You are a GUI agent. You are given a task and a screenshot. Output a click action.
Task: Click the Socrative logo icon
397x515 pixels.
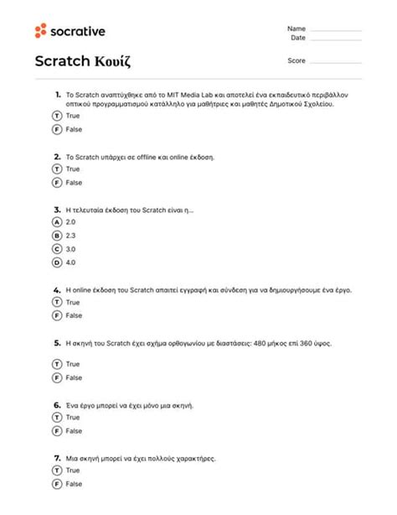40,32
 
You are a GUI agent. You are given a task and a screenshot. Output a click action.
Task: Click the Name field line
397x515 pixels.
337,31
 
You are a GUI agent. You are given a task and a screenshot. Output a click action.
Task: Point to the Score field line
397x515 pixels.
337,63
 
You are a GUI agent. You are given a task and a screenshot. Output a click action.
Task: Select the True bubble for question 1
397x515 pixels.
57,116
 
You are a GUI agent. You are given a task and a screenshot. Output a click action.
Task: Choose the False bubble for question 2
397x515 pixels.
57,182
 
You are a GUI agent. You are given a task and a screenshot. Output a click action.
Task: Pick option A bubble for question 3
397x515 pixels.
57,222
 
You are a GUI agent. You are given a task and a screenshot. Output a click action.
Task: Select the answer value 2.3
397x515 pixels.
70,236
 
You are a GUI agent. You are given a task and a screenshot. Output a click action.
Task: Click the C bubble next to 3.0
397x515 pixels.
57,249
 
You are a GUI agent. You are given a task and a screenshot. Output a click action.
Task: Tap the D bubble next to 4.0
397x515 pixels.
57,263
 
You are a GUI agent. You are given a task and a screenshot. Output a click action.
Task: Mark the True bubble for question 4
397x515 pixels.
57,302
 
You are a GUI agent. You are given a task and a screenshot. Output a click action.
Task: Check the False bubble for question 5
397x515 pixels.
57,377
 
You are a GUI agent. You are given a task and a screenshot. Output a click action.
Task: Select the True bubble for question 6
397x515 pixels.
57,417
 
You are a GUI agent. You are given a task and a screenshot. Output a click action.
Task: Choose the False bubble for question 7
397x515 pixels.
57,484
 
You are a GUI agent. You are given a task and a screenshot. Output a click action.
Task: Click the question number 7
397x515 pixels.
57,459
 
